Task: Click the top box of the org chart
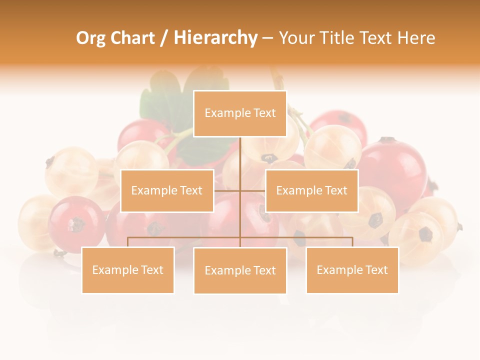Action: (x=240, y=113)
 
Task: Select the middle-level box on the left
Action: (x=167, y=190)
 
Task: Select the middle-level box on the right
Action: (x=311, y=190)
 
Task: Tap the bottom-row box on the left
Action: (x=128, y=270)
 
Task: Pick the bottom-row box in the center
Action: (x=240, y=270)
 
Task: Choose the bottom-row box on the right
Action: (x=352, y=270)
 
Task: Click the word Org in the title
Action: (x=90, y=38)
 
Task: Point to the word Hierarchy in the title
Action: (x=215, y=38)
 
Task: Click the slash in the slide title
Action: (x=164, y=38)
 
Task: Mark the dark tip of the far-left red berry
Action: (x=76, y=225)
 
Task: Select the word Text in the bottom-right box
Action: (x=376, y=270)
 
